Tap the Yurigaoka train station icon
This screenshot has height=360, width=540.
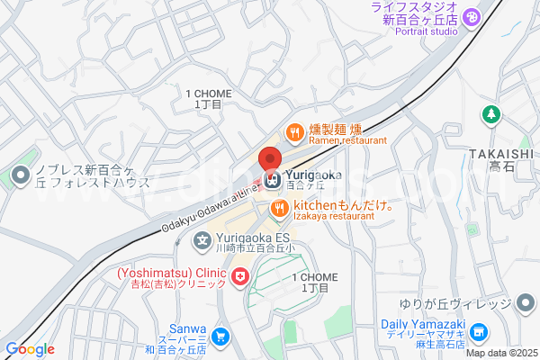pyautogui.click(x=272, y=180)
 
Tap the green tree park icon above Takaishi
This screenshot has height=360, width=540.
pyautogui.click(x=490, y=115)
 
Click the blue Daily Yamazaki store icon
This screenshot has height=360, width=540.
pyautogui.click(x=481, y=332)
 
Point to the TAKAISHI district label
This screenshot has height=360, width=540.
pyautogui.click(x=501, y=153)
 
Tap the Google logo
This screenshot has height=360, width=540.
pyautogui.click(x=30, y=349)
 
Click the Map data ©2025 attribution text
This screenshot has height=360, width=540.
pyautogui.click(x=499, y=352)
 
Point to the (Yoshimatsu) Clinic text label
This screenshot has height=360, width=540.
pyautogui.click(x=170, y=273)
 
